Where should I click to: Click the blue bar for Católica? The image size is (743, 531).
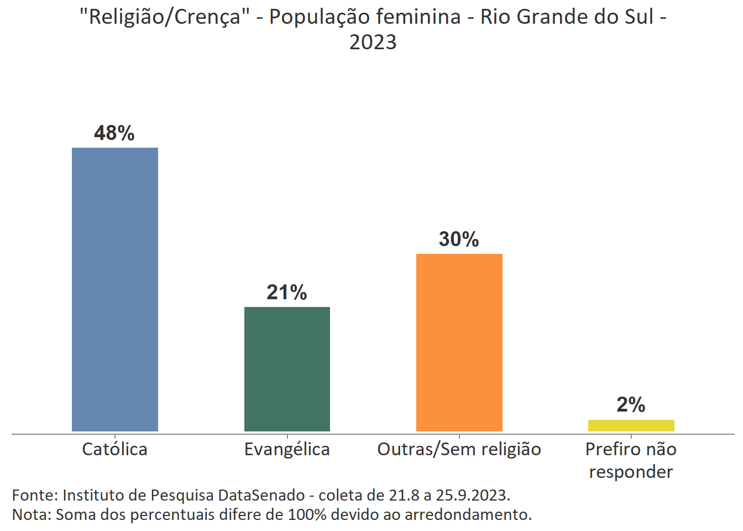(x=115, y=289)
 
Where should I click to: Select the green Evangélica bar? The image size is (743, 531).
(x=287, y=369)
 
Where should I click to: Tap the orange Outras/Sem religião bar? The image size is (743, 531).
(x=459, y=342)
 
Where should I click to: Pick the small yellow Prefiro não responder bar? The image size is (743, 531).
(x=631, y=425)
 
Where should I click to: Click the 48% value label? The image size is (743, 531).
(x=114, y=133)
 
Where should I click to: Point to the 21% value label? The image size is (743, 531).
(x=286, y=293)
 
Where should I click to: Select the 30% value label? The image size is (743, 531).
(x=459, y=240)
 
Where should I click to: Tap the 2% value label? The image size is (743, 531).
(x=631, y=405)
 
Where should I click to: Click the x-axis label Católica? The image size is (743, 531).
(x=114, y=449)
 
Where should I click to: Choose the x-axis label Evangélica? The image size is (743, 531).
(x=287, y=449)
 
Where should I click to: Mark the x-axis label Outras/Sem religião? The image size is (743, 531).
(x=459, y=449)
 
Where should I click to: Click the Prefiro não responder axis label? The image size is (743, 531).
(x=631, y=460)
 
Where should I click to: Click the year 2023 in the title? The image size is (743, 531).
(x=373, y=42)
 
